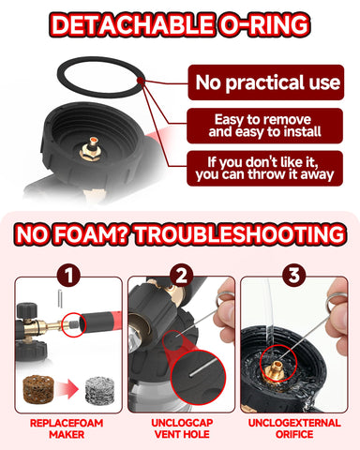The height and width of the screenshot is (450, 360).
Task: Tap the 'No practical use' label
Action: [266, 82]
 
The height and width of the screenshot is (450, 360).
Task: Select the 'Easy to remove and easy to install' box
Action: [264, 126]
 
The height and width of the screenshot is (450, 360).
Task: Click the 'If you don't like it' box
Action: [264, 169]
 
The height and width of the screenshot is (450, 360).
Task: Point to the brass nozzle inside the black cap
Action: [92, 149]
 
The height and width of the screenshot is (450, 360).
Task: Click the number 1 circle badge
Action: [68, 276]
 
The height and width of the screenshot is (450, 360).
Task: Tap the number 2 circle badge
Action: [181, 276]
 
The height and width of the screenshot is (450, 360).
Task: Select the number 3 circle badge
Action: [293, 276]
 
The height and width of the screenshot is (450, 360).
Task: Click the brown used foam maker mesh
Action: [38, 389]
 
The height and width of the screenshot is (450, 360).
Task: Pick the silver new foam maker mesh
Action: [100, 390]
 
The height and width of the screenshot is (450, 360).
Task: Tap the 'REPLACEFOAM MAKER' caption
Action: [67, 428]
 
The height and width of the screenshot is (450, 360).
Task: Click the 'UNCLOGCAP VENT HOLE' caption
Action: [182, 428]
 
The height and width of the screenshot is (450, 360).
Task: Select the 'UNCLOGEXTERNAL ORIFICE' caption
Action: [294, 428]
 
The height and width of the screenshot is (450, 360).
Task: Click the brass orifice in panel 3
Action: [276, 368]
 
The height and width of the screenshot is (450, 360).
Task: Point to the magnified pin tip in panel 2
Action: [190, 374]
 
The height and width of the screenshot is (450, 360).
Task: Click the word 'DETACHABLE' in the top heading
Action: [132, 24]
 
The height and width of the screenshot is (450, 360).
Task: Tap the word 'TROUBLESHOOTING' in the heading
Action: [240, 234]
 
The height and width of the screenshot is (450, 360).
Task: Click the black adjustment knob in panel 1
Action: [27, 309]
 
